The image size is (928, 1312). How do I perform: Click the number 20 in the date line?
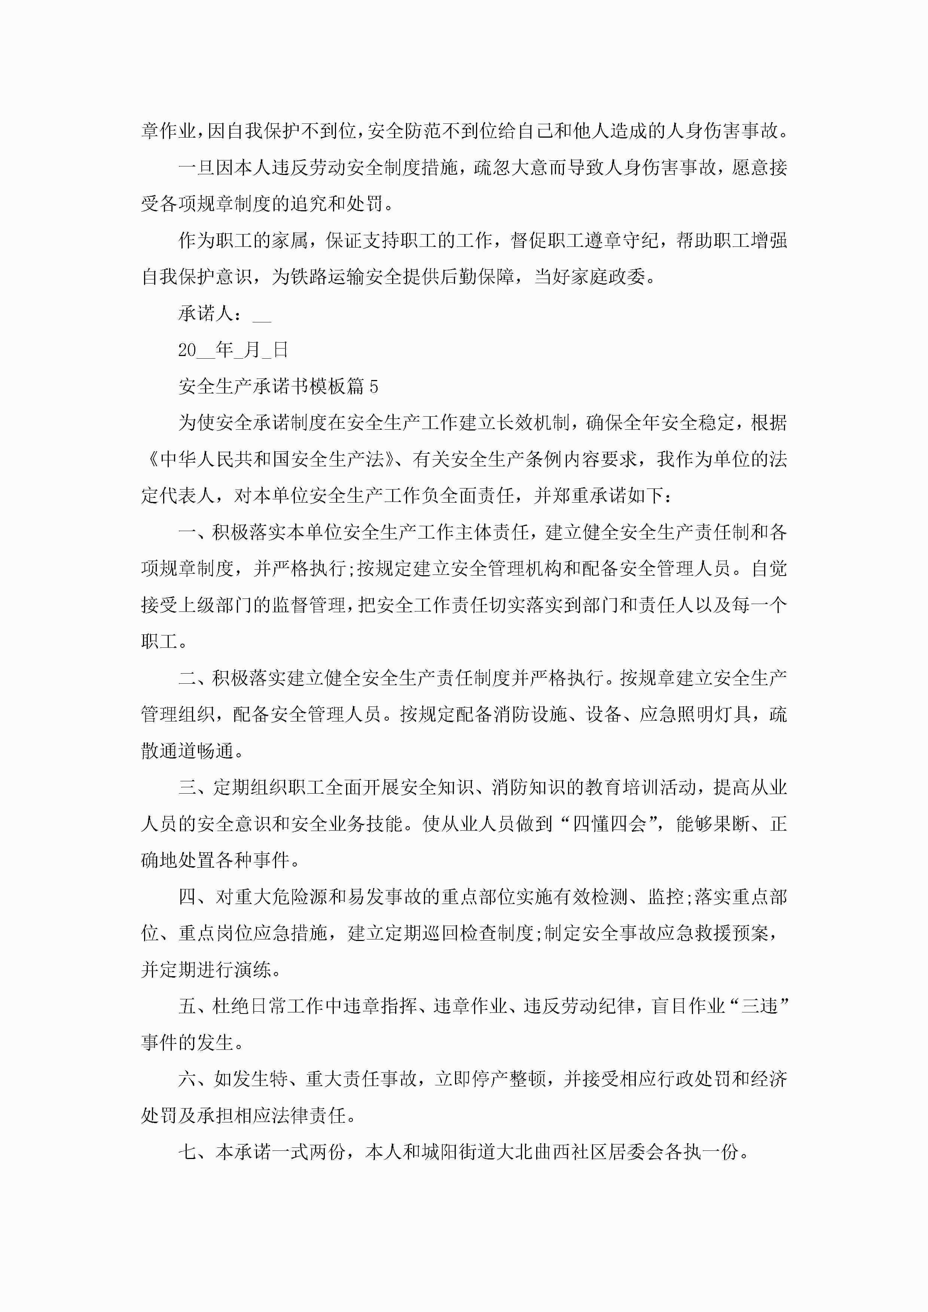[x=187, y=350]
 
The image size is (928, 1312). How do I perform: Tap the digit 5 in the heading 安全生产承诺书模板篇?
[x=374, y=387]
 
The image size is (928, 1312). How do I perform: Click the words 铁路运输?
[x=328, y=277]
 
